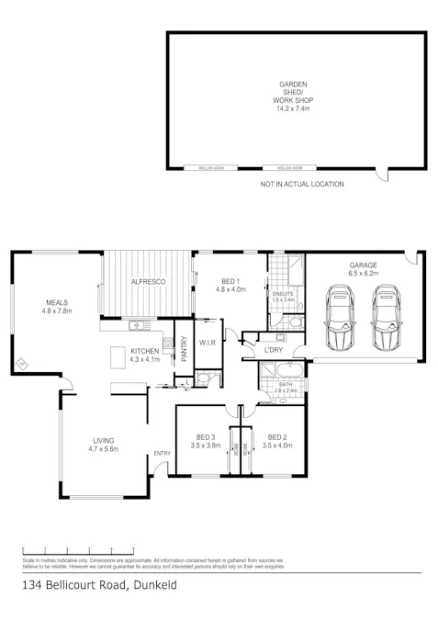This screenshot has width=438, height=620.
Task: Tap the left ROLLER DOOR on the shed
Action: coord(200,168)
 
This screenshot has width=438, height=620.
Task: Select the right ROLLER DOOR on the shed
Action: coord(289,168)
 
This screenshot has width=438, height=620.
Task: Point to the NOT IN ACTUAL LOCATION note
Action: coord(302,185)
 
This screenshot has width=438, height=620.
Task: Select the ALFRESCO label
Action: coord(147,281)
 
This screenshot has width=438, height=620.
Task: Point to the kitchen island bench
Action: coord(118,356)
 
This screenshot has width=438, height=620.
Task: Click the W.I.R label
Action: coord(208,344)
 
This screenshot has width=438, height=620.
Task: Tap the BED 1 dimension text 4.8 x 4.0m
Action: coord(231,290)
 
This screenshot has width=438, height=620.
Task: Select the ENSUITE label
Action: coord(283,293)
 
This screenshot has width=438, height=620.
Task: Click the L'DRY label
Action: coord(274,351)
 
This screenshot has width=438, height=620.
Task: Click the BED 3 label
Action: coord(207,436)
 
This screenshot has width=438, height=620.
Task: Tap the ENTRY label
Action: coord(163,453)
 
